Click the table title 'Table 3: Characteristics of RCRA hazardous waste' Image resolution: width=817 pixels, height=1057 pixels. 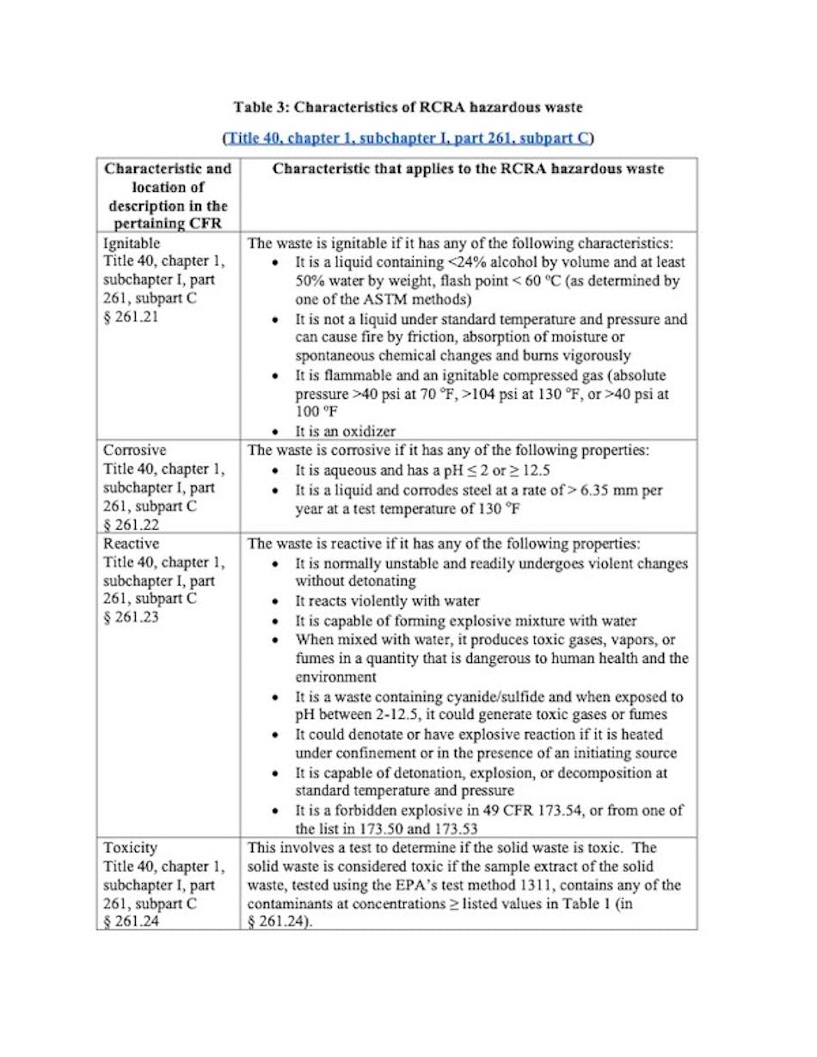point(408,108)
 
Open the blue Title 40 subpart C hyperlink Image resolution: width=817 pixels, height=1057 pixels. point(408,138)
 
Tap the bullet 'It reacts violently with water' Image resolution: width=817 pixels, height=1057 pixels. point(387,601)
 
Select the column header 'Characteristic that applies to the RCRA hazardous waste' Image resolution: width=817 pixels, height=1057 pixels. point(468,169)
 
